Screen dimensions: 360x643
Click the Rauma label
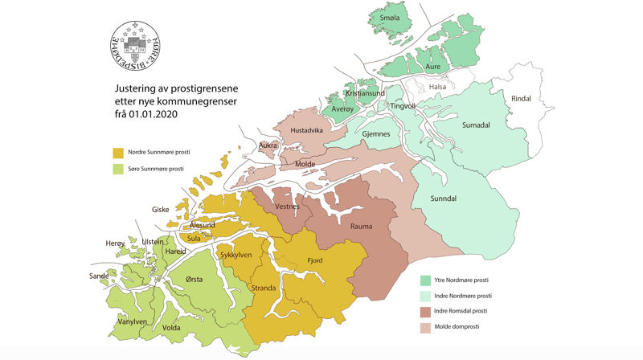click(362, 226)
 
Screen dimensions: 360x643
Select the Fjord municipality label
click(315, 260)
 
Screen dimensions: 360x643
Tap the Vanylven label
click(132, 321)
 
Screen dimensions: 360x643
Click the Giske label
click(161, 210)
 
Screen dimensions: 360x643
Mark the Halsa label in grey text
click(437, 87)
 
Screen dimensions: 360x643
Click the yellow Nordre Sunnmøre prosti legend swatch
click(118, 152)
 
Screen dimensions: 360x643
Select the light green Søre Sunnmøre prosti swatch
click(118, 169)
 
